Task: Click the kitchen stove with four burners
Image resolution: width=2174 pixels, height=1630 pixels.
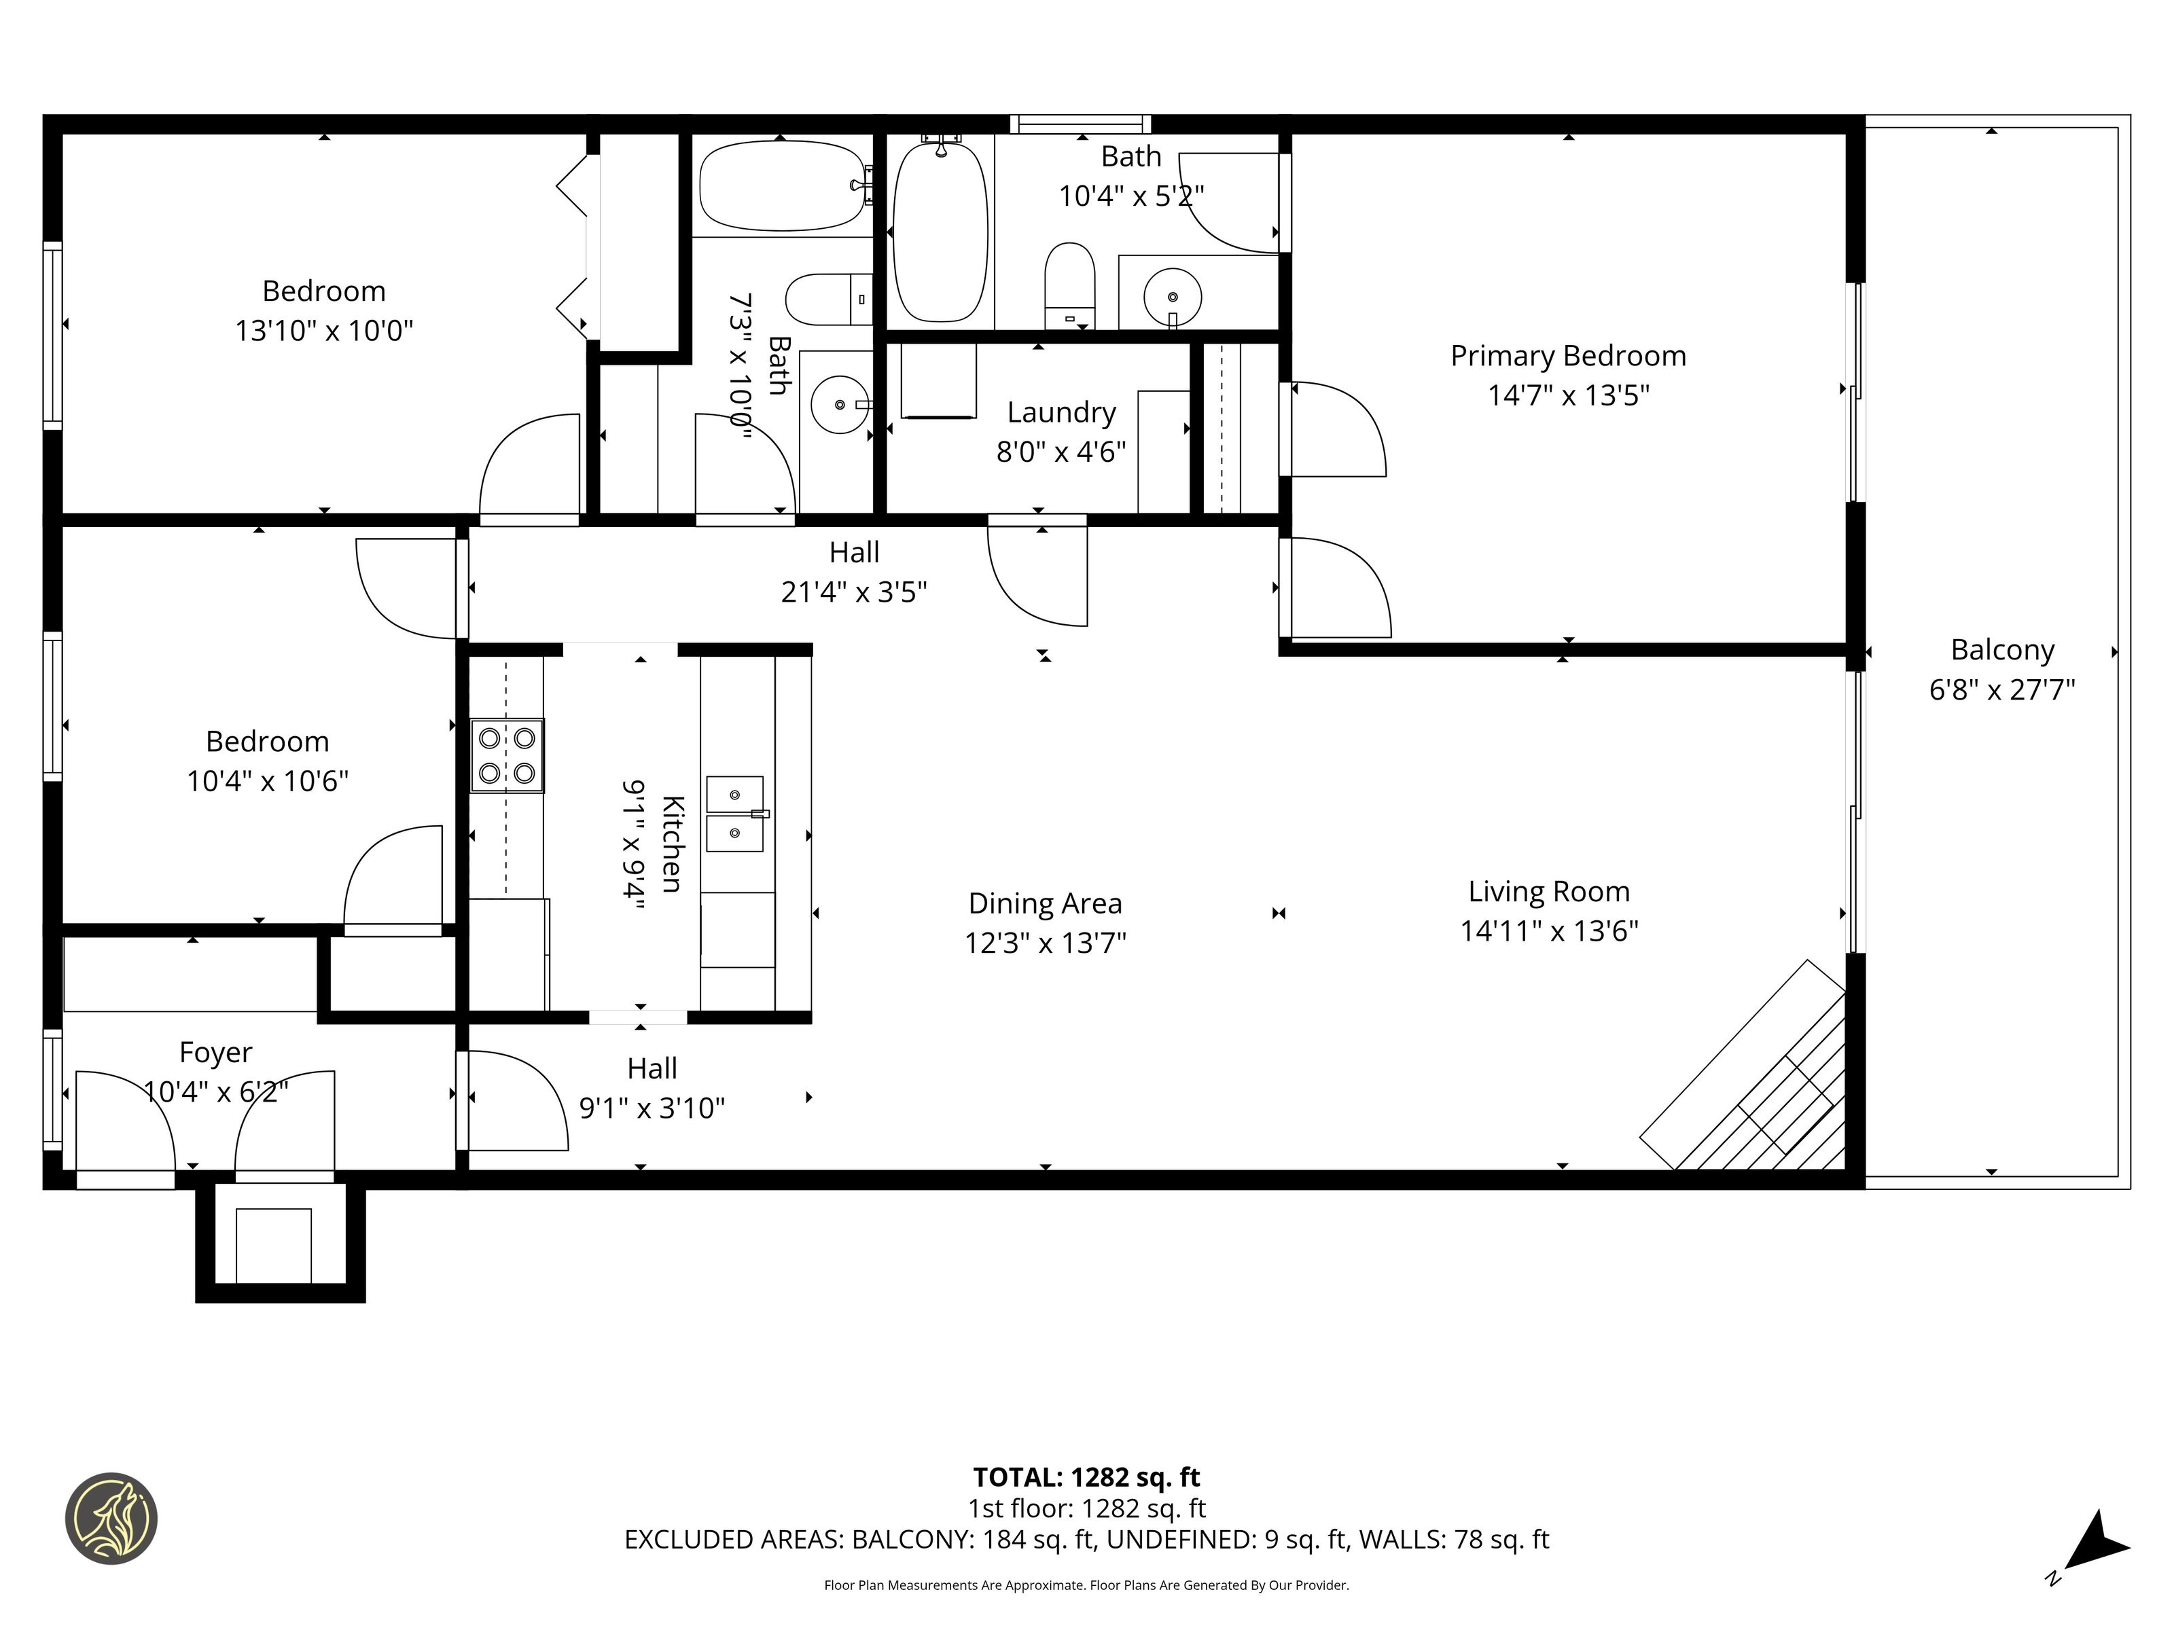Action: coord(507,755)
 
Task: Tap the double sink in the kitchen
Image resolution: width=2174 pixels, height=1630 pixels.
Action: coord(735,814)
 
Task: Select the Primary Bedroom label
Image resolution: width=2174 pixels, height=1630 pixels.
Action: coord(1569,356)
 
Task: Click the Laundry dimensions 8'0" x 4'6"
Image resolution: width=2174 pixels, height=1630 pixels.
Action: coord(1061,452)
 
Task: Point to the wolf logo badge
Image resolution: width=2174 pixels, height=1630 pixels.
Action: coord(111,1518)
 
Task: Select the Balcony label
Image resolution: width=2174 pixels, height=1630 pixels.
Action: coord(2002,651)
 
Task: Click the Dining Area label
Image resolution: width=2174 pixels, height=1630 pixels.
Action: coord(1045,903)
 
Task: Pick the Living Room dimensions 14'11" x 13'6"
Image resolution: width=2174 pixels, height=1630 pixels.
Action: coord(1549,930)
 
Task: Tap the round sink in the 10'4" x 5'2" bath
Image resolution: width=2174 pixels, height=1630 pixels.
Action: coord(1173,295)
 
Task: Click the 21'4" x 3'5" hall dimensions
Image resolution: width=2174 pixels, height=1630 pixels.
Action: coord(854,592)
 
